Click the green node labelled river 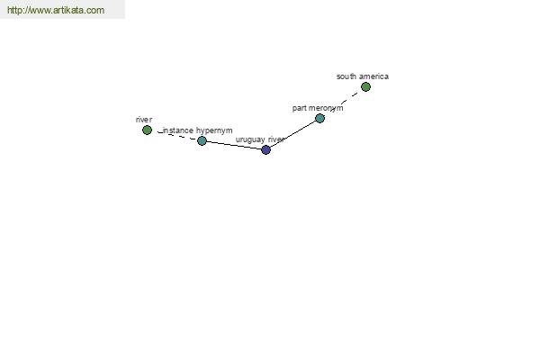click(147, 130)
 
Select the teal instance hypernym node click(202, 140)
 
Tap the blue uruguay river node click(265, 150)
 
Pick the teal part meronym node click(319, 119)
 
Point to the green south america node click(365, 86)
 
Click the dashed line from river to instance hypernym click(175, 135)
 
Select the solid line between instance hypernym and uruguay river click(234, 145)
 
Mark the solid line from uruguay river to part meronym click(292, 134)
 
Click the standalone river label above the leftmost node click(144, 120)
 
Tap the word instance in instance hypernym click(177, 130)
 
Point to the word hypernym click(214, 130)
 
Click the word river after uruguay click(276, 139)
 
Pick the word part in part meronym click(299, 108)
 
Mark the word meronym click(325, 108)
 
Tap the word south click(346, 76)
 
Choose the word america click(374, 76)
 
